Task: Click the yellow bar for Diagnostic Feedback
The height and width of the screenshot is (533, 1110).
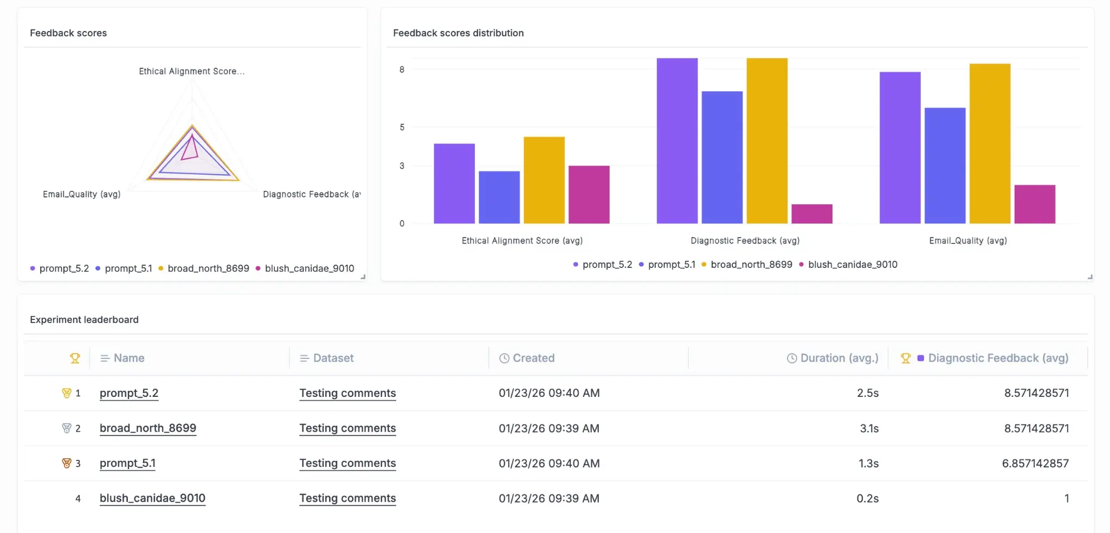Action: pos(766,141)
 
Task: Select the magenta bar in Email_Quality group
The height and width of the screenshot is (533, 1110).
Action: pos(1034,204)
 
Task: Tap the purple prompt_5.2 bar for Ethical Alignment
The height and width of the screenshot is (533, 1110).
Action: pos(454,183)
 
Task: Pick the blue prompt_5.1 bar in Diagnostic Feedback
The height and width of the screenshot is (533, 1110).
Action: pos(722,157)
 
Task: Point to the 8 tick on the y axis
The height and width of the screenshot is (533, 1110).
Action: pos(402,69)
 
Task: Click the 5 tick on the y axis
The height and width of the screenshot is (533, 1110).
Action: pos(402,127)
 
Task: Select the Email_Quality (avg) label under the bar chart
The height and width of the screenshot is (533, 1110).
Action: pos(967,241)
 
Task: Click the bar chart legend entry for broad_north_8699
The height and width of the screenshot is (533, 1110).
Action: pos(751,265)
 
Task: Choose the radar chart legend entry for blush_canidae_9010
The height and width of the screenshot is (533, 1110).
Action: pos(309,268)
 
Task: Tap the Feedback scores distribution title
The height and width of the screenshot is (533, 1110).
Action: pos(458,33)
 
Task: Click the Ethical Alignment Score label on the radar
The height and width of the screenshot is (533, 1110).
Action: pos(191,72)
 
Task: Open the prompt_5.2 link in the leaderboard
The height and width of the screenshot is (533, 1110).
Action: pos(129,393)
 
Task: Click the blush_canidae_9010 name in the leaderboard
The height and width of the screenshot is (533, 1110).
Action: pos(152,498)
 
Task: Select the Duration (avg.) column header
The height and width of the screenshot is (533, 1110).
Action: pos(838,358)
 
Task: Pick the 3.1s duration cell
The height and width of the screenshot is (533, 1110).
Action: pos(869,428)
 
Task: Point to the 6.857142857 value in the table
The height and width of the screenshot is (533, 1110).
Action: pos(1035,464)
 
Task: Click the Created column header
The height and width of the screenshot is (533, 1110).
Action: pos(533,358)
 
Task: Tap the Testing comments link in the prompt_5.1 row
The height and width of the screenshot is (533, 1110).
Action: pos(347,464)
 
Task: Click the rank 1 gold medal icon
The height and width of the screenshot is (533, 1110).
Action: pos(67,393)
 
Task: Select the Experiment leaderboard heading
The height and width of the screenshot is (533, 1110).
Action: pos(84,320)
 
